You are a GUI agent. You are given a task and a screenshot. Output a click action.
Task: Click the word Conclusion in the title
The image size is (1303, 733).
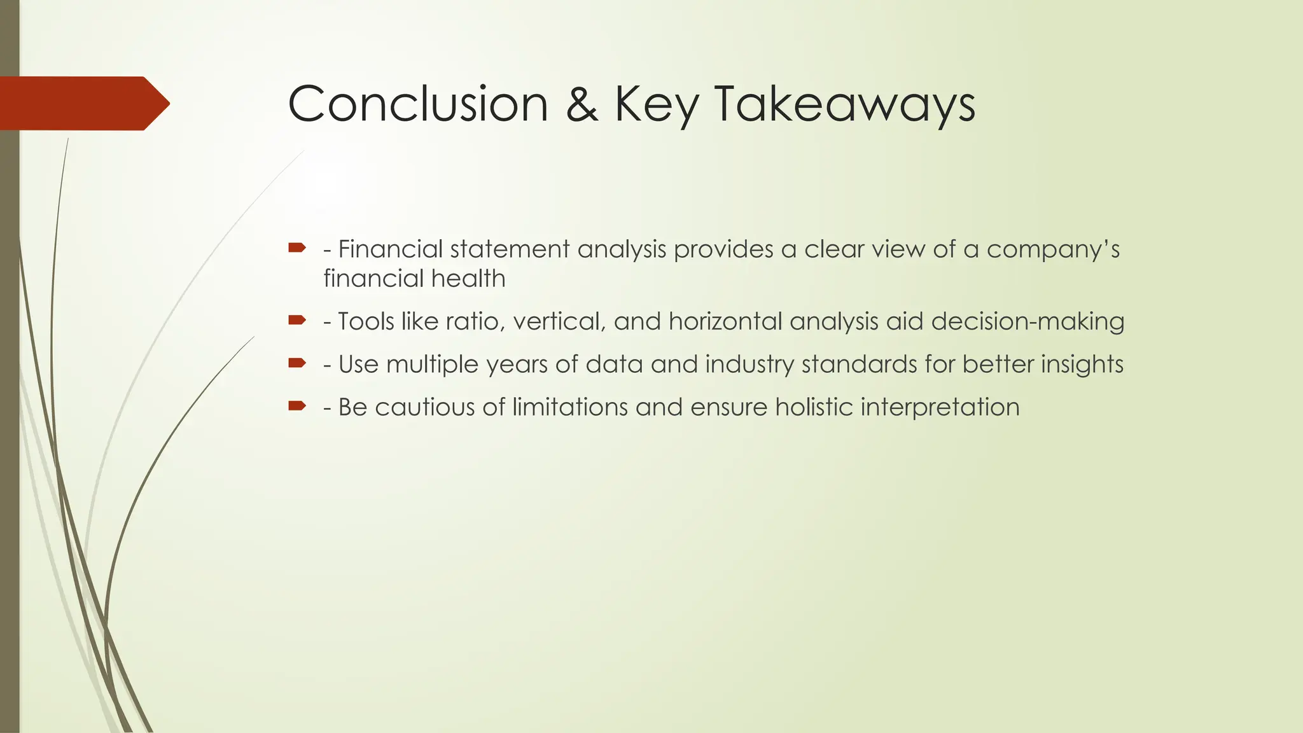417,104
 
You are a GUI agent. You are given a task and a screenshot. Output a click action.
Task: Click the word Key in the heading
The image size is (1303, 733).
655,105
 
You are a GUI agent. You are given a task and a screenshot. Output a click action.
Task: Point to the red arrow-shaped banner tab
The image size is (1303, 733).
83,103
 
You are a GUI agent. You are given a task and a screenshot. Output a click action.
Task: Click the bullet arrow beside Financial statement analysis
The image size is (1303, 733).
297,248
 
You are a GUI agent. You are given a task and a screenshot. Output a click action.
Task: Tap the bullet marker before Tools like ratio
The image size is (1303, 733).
297,320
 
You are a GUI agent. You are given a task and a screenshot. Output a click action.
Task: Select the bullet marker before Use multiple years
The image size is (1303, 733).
297,363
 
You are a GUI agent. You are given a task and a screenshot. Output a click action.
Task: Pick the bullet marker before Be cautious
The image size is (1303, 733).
297,406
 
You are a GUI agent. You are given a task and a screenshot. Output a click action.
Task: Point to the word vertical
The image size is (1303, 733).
559,321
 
